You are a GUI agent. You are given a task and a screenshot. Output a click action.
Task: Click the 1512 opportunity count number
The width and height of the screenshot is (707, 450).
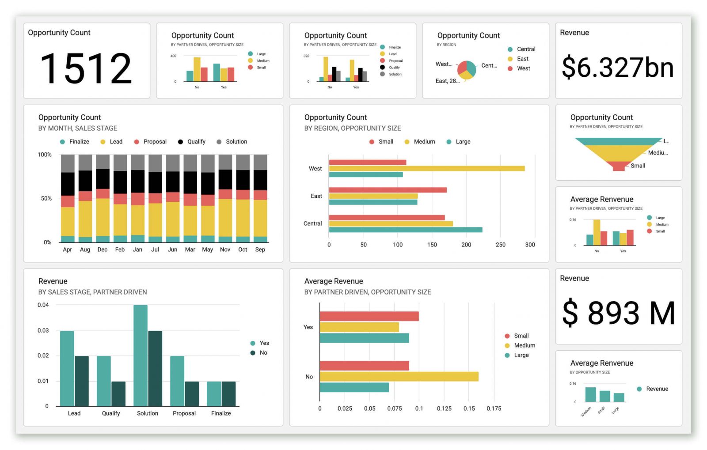86,68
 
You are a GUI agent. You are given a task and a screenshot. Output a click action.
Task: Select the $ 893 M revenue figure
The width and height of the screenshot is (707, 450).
618,313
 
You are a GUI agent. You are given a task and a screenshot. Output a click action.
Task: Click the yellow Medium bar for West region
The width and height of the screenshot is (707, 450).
426,168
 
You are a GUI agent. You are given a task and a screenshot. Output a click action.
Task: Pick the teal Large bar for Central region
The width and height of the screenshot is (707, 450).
405,230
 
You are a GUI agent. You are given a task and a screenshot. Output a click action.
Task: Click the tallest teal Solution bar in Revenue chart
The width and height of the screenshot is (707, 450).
141,355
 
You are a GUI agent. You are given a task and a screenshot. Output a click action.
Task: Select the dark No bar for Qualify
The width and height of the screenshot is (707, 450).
118,393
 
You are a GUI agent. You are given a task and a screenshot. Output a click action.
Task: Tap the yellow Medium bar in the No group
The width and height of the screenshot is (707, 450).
399,376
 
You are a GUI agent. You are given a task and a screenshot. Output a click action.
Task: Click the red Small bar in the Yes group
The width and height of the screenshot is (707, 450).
369,316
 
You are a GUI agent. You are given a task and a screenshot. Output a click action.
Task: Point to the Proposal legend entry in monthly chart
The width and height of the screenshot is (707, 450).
150,142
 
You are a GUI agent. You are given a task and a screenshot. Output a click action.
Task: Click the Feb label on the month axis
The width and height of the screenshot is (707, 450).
120,250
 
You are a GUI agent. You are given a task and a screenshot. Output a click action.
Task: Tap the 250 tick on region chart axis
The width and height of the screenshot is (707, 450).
500,245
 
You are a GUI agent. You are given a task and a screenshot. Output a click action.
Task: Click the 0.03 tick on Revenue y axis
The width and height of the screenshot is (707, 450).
43,330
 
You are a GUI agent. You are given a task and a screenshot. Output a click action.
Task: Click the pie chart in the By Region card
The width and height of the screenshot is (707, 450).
467,70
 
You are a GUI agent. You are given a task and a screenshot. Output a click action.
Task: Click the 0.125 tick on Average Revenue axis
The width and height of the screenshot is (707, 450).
444,408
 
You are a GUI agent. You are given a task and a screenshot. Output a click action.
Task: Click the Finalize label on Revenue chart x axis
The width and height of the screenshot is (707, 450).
221,413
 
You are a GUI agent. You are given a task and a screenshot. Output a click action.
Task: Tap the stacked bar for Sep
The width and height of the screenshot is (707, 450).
260,198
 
